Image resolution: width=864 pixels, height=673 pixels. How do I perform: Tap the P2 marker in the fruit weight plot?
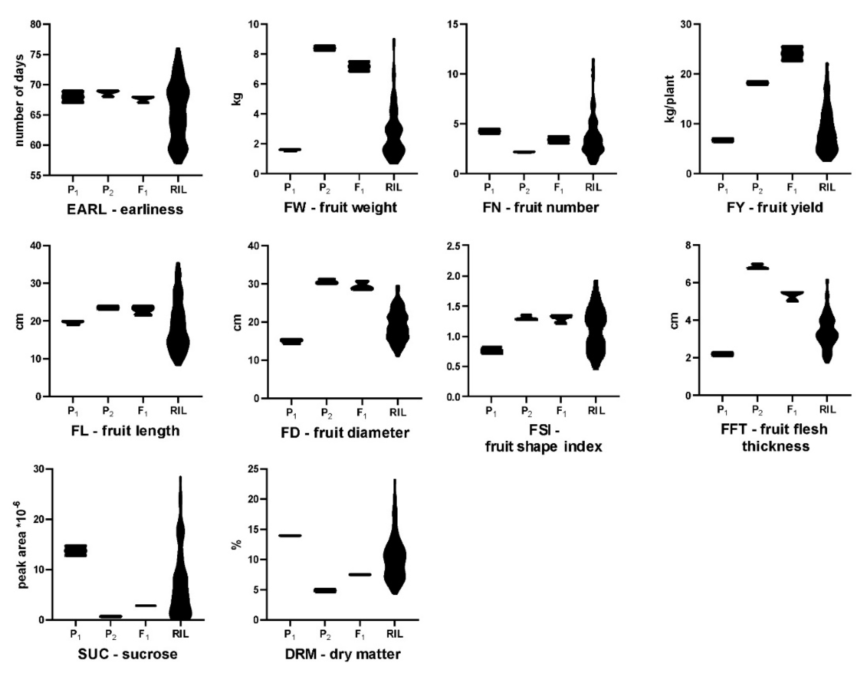pyautogui.click(x=324, y=48)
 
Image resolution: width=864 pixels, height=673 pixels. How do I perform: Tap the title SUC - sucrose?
pyautogui.click(x=127, y=654)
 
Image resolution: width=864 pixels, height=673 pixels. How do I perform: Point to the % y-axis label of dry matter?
pyautogui.click(x=236, y=546)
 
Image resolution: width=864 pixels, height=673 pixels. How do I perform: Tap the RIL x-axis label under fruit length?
pyautogui.click(x=178, y=411)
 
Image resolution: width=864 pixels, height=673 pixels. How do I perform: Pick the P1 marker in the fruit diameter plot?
pyautogui.click(x=292, y=341)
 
